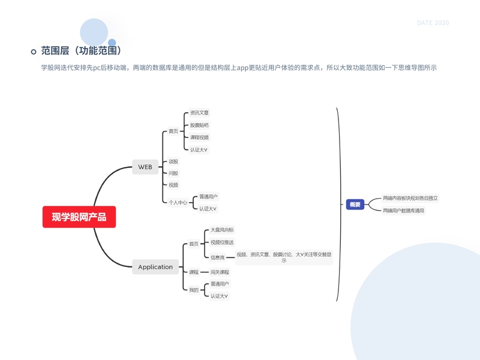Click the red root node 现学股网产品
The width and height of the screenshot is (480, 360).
click(x=79, y=217)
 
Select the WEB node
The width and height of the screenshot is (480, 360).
click(x=145, y=167)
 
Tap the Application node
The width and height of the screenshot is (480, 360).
click(x=155, y=267)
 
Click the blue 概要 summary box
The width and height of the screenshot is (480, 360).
click(x=355, y=205)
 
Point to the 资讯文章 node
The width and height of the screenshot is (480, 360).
click(x=199, y=113)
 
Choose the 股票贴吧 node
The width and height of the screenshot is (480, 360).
click(x=199, y=125)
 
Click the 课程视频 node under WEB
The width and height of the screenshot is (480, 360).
click(x=199, y=137)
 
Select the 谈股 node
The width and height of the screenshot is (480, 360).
click(x=173, y=161)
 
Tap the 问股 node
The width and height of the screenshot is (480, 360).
click(x=173, y=173)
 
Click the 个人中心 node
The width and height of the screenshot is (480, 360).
click(x=178, y=203)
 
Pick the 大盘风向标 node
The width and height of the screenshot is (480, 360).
click(x=221, y=230)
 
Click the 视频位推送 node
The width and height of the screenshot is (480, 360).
click(x=221, y=242)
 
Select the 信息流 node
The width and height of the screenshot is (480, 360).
click(x=217, y=257)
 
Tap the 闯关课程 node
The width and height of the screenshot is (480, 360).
click(x=220, y=272)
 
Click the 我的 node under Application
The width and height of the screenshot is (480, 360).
click(x=193, y=290)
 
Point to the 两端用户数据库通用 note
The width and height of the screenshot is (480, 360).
click(x=403, y=211)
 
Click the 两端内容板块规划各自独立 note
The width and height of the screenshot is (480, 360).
click(x=410, y=198)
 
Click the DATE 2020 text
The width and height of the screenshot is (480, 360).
click(x=433, y=23)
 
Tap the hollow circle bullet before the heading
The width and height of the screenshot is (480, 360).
click(x=34, y=52)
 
